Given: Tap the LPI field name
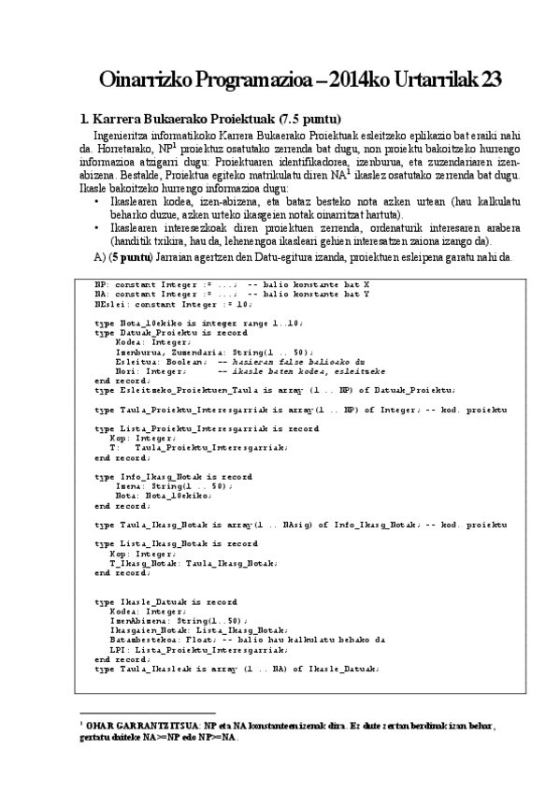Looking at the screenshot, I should [x=119, y=648].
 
